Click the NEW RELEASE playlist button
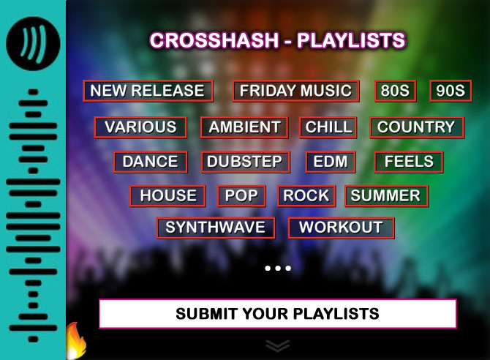click(148, 91)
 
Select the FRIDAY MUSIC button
click(296, 91)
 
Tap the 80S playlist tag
click(396, 91)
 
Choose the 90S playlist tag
click(451, 91)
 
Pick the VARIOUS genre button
click(140, 127)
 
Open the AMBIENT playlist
click(244, 127)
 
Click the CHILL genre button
click(328, 127)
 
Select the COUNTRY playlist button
click(417, 127)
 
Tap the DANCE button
click(151, 162)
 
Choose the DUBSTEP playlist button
click(246, 162)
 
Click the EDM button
click(331, 162)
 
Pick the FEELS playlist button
click(409, 162)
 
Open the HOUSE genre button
click(167, 196)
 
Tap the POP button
click(241, 196)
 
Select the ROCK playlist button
click(306, 196)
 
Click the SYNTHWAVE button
click(216, 228)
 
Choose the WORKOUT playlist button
click(342, 228)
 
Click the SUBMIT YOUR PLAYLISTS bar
click(277, 314)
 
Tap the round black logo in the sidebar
click(33, 43)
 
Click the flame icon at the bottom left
click(76, 341)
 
